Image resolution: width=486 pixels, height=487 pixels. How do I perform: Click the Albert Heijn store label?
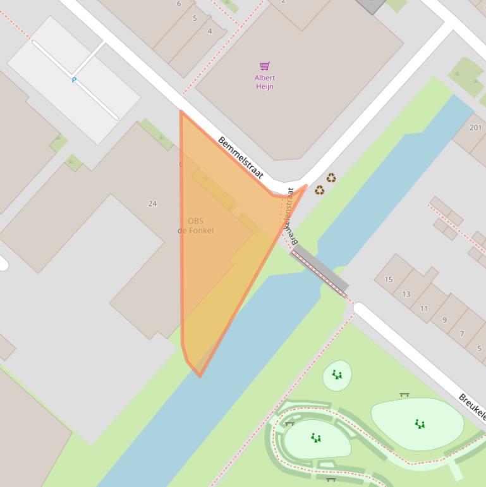coord(265,82)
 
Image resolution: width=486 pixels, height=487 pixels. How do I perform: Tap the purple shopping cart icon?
coord(265,66)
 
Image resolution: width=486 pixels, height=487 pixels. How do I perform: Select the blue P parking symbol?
coord(74,80)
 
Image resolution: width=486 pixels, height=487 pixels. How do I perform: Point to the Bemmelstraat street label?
coord(240,157)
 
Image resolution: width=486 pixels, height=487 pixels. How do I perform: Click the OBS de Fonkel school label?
coord(195,226)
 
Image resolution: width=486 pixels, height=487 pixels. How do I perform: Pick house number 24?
coord(152,204)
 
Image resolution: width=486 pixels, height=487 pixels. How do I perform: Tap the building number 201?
coord(476,128)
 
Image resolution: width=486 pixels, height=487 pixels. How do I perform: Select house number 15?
coord(389,280)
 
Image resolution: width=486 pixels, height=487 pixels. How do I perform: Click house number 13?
coord(406,294)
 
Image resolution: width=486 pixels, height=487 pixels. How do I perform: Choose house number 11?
coord(424,309)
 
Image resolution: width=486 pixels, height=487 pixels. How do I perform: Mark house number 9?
coord(444,320)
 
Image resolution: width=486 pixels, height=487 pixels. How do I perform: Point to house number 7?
coord(462,334)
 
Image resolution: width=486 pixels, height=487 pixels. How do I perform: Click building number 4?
coord(210,31)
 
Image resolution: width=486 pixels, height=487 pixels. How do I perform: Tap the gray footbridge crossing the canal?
coord(320,269)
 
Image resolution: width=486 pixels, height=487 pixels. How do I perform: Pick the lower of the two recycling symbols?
coord(319,190)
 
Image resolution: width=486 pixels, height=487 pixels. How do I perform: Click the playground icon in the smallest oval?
coord(337,375)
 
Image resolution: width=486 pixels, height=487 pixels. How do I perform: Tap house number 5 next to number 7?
coord(479,348)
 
